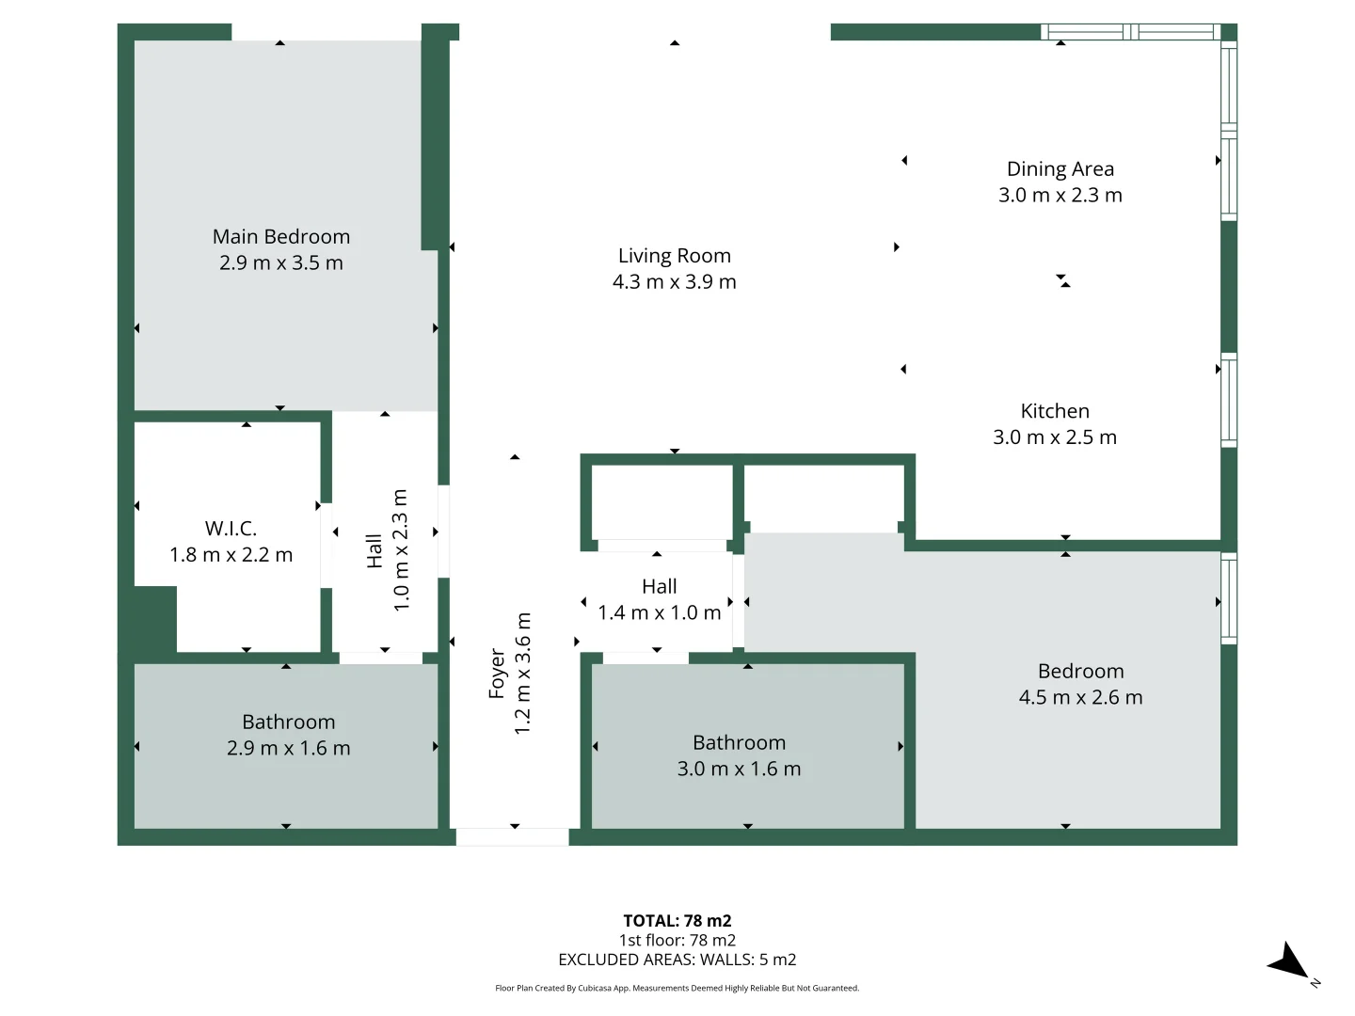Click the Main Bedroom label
tap(280, 236)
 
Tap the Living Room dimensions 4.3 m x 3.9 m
tap(674, 281)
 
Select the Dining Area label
tap(1060, 169)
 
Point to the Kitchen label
tap(1055, 411)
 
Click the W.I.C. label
tap(231, 529)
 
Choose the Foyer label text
tap(497, 674)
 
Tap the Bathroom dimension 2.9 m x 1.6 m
tap(288, 748)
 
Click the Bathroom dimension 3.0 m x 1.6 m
tap(739, 769)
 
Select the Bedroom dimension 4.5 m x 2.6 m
tap(1080, 697)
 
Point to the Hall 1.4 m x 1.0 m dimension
tap(659, 612)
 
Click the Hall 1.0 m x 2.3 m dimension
tap(401, 550)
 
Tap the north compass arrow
tap(1288, 962)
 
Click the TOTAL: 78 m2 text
tap(677, 921)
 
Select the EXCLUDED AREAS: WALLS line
tap(677, 960)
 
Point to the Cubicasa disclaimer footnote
tap(677, 988)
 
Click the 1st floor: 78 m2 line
tap(677, 940)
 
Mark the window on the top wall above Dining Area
tap(1130, 32)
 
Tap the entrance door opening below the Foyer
tap(513, 836)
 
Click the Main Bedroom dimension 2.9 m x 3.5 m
tap(280, 262)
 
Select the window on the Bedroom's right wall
tap(1229, 599)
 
